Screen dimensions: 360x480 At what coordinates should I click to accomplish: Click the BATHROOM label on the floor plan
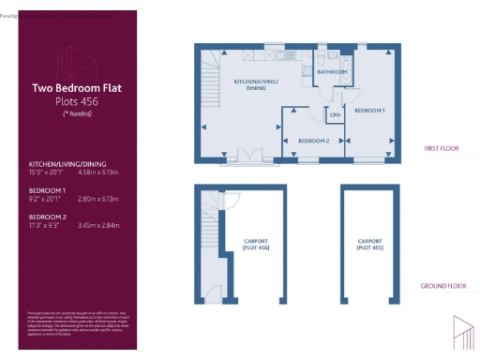point(331,71)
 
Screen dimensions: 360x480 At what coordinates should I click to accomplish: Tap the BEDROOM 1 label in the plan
point(368,111)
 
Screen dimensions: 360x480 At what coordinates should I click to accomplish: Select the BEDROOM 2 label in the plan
point(313,141)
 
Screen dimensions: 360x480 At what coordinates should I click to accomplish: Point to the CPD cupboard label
point(333,116)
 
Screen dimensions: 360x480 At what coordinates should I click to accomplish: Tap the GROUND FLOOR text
point(442,285)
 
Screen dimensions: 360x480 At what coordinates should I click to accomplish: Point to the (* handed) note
point(77,113)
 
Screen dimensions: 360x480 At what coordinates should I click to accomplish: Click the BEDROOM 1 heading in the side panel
point(46,189)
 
